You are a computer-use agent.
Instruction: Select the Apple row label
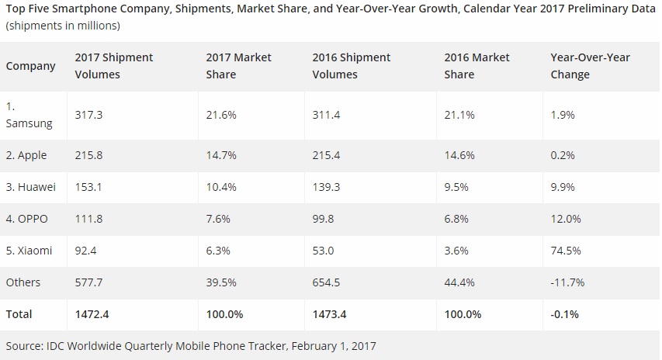pyautogui.click(x=26, y=155)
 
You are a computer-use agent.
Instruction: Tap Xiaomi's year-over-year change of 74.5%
pyautogui.click(x=566, y=251)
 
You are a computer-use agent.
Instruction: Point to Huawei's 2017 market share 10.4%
pyautogui.click(x=222, y=187)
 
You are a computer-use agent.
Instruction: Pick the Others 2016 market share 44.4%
pyautogui.click(x=459, y=282)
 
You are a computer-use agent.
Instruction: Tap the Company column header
pyautogui.click(x=31, y=66)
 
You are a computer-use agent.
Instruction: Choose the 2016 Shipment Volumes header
pyautogui.click(x=351, y=66)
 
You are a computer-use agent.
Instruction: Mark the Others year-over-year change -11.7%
pyautogui.click(x=567, y=282)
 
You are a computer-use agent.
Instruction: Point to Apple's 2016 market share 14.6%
pyautogui.click(x=459, y=155)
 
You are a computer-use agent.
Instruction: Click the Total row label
pyautogui.click(x=19, y=314)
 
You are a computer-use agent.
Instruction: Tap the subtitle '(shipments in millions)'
pyautogui.click(x=62, y=26)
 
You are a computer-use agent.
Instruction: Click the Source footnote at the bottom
pyautogui.click(x=191, y=344)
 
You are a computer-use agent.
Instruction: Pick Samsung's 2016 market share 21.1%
pyautogui.click(x=459, y=114)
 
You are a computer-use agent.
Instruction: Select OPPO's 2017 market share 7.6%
pyautogui.click(x=219, y=219)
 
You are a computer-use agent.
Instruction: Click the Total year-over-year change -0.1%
pyautogui.click(x=564, y=314)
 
